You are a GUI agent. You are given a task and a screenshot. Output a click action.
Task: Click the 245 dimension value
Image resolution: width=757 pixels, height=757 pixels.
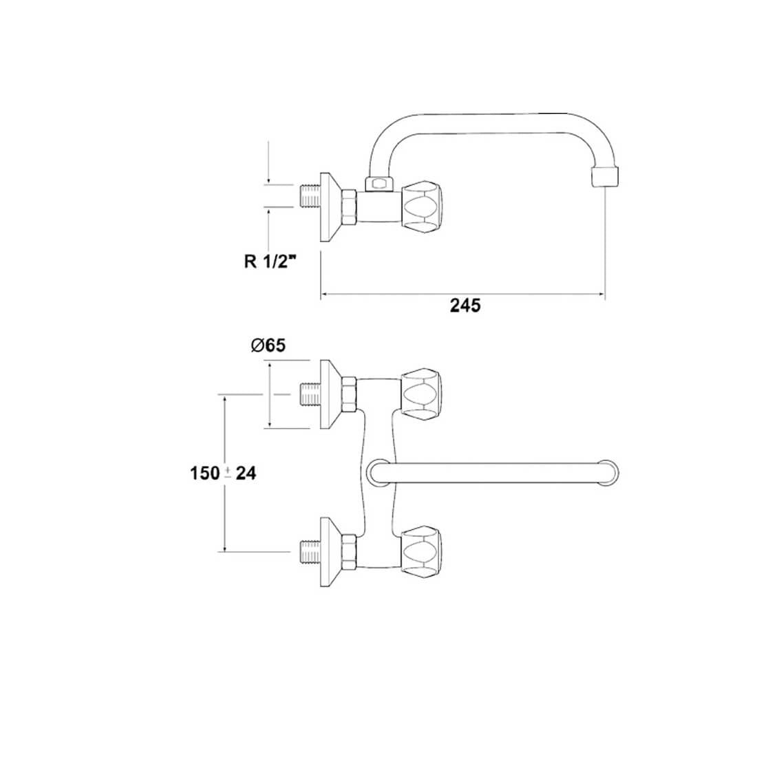coord(465,306)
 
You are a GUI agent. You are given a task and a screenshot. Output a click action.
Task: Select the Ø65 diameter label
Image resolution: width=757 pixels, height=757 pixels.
coord(268,346)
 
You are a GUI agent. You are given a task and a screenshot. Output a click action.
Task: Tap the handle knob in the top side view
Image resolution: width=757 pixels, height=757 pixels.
coord(420,204)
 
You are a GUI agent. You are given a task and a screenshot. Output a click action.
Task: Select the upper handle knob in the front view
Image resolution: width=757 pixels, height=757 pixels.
coord(420,393)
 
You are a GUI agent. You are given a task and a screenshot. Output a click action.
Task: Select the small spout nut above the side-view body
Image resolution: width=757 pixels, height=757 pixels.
coord(376,183)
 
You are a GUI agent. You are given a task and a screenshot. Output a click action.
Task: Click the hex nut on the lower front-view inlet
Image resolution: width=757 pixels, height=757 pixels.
coord(349,551)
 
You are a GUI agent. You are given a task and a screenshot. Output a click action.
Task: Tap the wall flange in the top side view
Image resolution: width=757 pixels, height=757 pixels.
coord(331,206)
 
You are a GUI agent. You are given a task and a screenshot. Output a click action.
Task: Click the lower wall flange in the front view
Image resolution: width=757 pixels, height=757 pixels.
coord(330,551)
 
